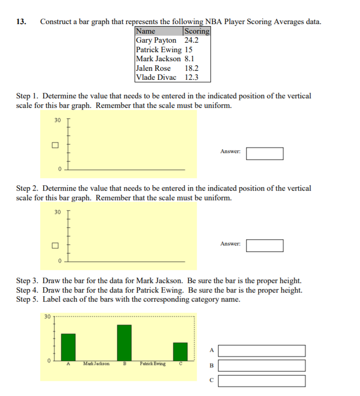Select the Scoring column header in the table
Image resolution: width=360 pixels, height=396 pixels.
coord(197,31)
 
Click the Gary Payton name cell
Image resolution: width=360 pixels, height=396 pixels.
coord(156,40)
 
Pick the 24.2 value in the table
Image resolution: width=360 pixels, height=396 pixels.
coord(191,40)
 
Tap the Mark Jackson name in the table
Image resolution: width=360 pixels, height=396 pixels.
coord(158,59)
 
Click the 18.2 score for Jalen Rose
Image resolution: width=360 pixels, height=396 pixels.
coord(191,68)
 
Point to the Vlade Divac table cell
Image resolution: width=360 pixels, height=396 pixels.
coord(156,77)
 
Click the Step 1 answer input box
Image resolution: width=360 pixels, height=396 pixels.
coord(264,153)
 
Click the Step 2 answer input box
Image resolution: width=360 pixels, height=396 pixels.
coord(264,245)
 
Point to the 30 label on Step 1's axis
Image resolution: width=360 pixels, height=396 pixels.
coord(57,120)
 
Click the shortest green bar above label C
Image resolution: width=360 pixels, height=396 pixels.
coord(180,351)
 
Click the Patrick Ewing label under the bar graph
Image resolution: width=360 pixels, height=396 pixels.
coord(153,363)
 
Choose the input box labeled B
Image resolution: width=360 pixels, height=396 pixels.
coord(262,365)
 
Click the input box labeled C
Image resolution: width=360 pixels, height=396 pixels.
coord(262,381)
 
